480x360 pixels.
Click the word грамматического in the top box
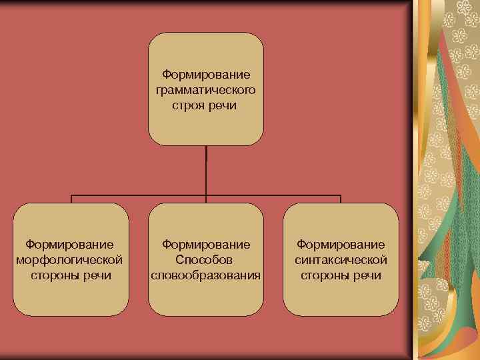click(206, 89)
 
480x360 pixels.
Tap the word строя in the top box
click(190, 105)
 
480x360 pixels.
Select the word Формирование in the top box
click(206, 74)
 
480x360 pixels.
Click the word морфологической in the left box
click(73, 259)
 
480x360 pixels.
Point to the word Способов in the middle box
click(206, 259)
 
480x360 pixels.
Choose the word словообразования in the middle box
click(206, 275)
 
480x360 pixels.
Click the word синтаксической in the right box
click(341, 259)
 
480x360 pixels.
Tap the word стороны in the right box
click(324, 275)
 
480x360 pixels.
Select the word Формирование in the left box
click(73, 244)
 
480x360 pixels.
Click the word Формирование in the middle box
click(206, 244)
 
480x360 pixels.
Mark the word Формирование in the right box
click(341, 244)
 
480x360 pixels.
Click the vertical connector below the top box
click(206, 170)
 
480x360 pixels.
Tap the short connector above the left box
click(72, 199)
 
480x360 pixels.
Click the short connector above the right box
click(340, 199)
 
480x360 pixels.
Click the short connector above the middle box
click(206, 199)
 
